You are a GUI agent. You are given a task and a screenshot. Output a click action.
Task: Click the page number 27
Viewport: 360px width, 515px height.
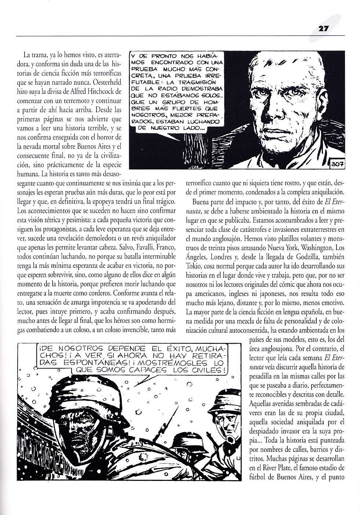[323, 28]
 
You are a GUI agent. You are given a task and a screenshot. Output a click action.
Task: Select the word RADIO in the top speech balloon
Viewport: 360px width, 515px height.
[166, 88]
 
